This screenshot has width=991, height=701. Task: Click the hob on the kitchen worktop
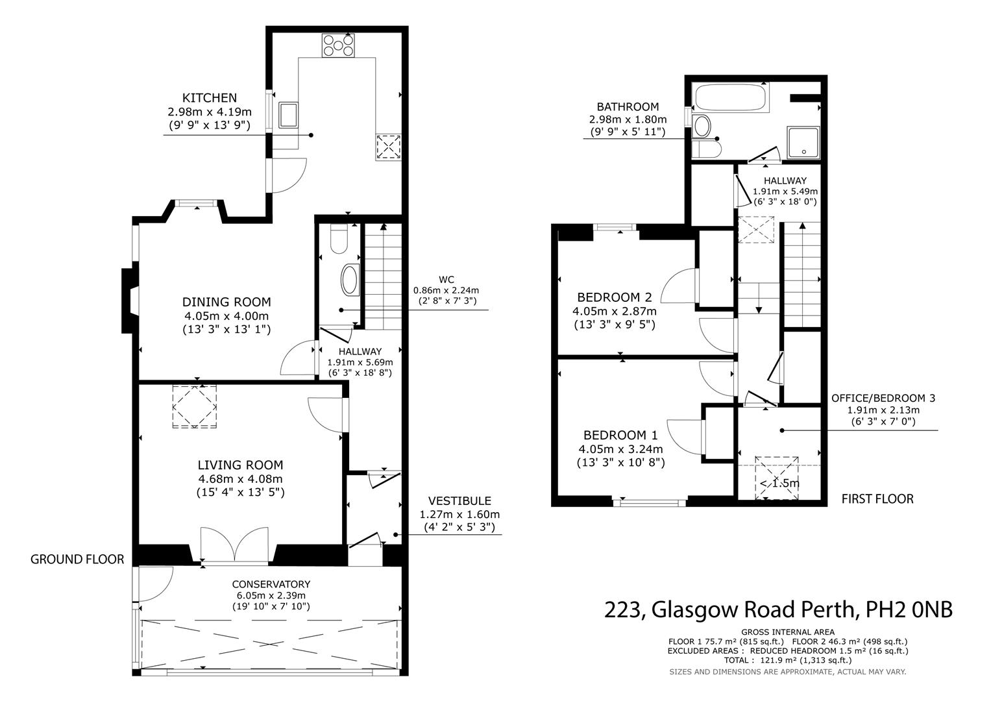338,45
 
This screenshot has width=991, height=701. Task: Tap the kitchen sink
288,115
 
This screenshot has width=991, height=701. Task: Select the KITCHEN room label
210,98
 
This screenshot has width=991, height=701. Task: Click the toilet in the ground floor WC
339,239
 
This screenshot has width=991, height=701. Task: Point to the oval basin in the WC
350,280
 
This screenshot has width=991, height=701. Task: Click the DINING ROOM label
226,302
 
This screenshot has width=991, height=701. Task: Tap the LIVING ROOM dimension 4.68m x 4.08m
240,479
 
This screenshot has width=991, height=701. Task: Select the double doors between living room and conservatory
234,545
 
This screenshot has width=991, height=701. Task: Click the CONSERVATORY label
271,584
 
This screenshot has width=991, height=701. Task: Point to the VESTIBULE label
459,501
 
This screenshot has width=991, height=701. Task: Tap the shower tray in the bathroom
803,143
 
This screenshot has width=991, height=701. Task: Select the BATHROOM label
628,106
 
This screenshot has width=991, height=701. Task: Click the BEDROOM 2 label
615,297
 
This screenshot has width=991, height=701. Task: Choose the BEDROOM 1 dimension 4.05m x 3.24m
620,449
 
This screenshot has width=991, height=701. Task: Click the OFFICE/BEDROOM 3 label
883,399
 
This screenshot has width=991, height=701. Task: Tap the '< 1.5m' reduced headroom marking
779,484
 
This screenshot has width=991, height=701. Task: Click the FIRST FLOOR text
877,499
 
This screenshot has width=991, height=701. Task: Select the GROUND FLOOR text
77,560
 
